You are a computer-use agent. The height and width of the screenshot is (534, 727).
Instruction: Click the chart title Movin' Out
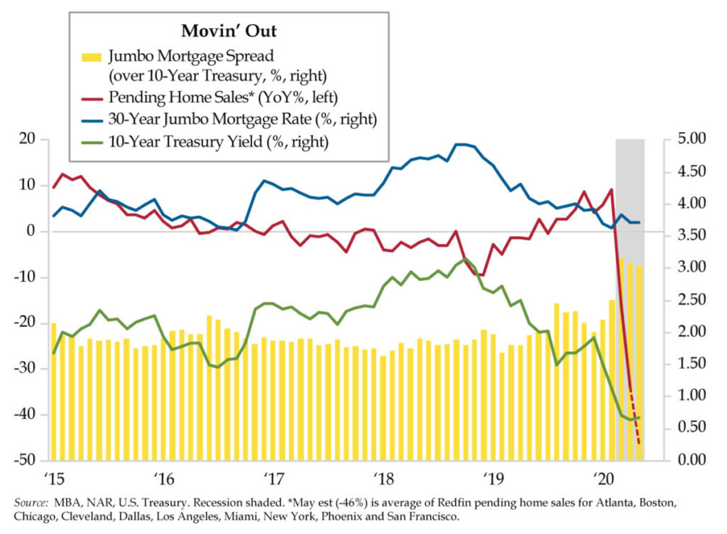click(x=228, y=30)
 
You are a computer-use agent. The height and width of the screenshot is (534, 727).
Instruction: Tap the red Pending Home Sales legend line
click(x=93, y=97)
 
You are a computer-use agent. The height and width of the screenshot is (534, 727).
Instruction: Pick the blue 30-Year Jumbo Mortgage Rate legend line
click(x=93, y=119)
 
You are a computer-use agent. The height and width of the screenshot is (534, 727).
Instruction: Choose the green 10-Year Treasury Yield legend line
click(x=93, y=142)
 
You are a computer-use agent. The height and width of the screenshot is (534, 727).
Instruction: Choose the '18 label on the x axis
click(x=383, y=477)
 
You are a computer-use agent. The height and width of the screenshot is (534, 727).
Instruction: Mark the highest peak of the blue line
click(x=462, y=144)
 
